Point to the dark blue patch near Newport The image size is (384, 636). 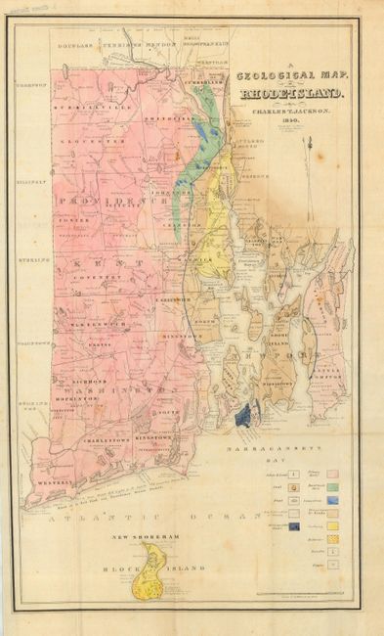point(243,415)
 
